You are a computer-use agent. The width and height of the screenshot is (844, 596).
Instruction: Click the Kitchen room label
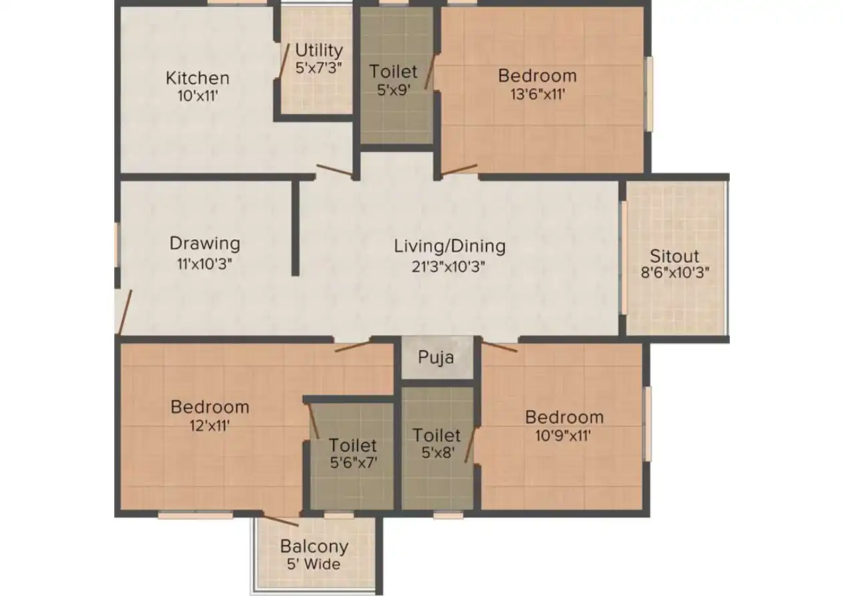(x=197, y=78)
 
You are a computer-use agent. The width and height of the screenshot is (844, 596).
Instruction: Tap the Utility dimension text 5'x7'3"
(x=319, y=67)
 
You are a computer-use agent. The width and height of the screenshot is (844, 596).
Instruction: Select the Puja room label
(x=436, y=357)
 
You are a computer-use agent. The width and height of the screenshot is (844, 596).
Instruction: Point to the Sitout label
(x=674, y=256)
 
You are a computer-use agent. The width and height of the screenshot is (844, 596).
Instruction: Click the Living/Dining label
(x=449, y=246)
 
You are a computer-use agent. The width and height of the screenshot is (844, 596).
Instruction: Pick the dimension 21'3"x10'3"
(x=448, y=266)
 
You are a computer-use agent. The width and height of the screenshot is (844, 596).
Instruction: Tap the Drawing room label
(x=204, y=243)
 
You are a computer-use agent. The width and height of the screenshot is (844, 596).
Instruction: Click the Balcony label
(x=314, y=546)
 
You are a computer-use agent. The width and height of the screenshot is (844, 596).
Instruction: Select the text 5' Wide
(x=314, y=565)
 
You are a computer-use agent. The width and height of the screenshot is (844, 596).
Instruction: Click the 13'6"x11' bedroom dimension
(x=537, y=94)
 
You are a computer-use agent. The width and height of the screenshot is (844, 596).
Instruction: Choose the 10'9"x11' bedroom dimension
(x=564, y=436)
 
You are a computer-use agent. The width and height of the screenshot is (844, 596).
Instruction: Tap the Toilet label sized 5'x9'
(x=393, y=71)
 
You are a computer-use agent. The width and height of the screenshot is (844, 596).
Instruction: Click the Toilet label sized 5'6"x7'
(x=353, y=444)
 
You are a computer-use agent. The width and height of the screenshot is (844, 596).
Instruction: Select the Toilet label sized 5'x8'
(x=436, y=436)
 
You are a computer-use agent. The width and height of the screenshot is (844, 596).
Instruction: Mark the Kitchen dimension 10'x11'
(x=197, y=96)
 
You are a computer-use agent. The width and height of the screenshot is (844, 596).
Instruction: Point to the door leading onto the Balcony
(x=281, y=521)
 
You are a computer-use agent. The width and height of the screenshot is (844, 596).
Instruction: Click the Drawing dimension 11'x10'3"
(x=204, y=263)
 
